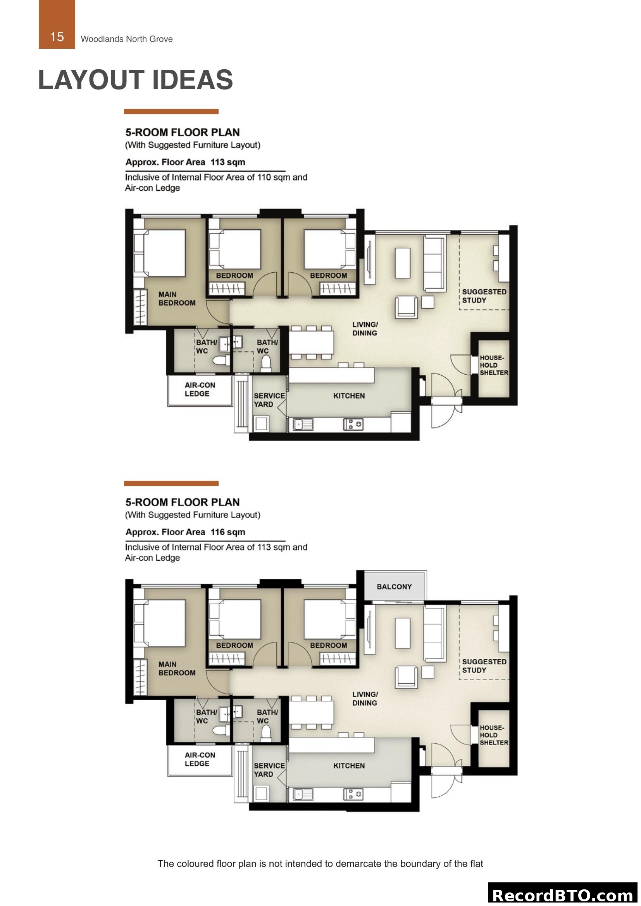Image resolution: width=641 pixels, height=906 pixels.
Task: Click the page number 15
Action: click(x=57, y=37)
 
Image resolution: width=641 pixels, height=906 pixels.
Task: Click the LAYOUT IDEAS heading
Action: click(x=135, y=80)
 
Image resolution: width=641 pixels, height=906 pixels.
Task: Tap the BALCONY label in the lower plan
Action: click(x=394, y=587)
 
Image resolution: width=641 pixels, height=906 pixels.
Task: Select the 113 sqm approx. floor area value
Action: click(x=228, y=162)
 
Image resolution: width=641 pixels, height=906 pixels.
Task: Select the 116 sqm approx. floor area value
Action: click(x=228, y=532)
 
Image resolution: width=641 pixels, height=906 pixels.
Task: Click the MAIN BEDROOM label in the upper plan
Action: click(x=176, y=299)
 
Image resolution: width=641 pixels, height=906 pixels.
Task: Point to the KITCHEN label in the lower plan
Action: click(x=349, y=765)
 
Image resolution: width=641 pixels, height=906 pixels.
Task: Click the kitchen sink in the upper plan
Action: click(x=303, y=425)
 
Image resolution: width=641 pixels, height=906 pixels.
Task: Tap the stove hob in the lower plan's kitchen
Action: click(x=353, y=794)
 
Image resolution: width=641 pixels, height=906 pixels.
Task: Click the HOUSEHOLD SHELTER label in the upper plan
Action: click(x=493, y=365)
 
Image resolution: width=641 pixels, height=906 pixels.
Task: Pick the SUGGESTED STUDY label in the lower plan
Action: click(x=484, y=666)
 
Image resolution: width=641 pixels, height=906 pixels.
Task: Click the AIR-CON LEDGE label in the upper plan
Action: click(x=200, y=389)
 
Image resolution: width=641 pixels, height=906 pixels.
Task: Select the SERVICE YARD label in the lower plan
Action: click(x=269, y=770)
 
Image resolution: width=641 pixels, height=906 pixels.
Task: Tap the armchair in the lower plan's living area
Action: click(x=406, y=677)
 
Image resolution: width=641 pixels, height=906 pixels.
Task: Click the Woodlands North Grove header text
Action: click(x=127, y=39)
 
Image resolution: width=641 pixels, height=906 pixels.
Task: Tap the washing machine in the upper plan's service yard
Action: click(x=261, y=424)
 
